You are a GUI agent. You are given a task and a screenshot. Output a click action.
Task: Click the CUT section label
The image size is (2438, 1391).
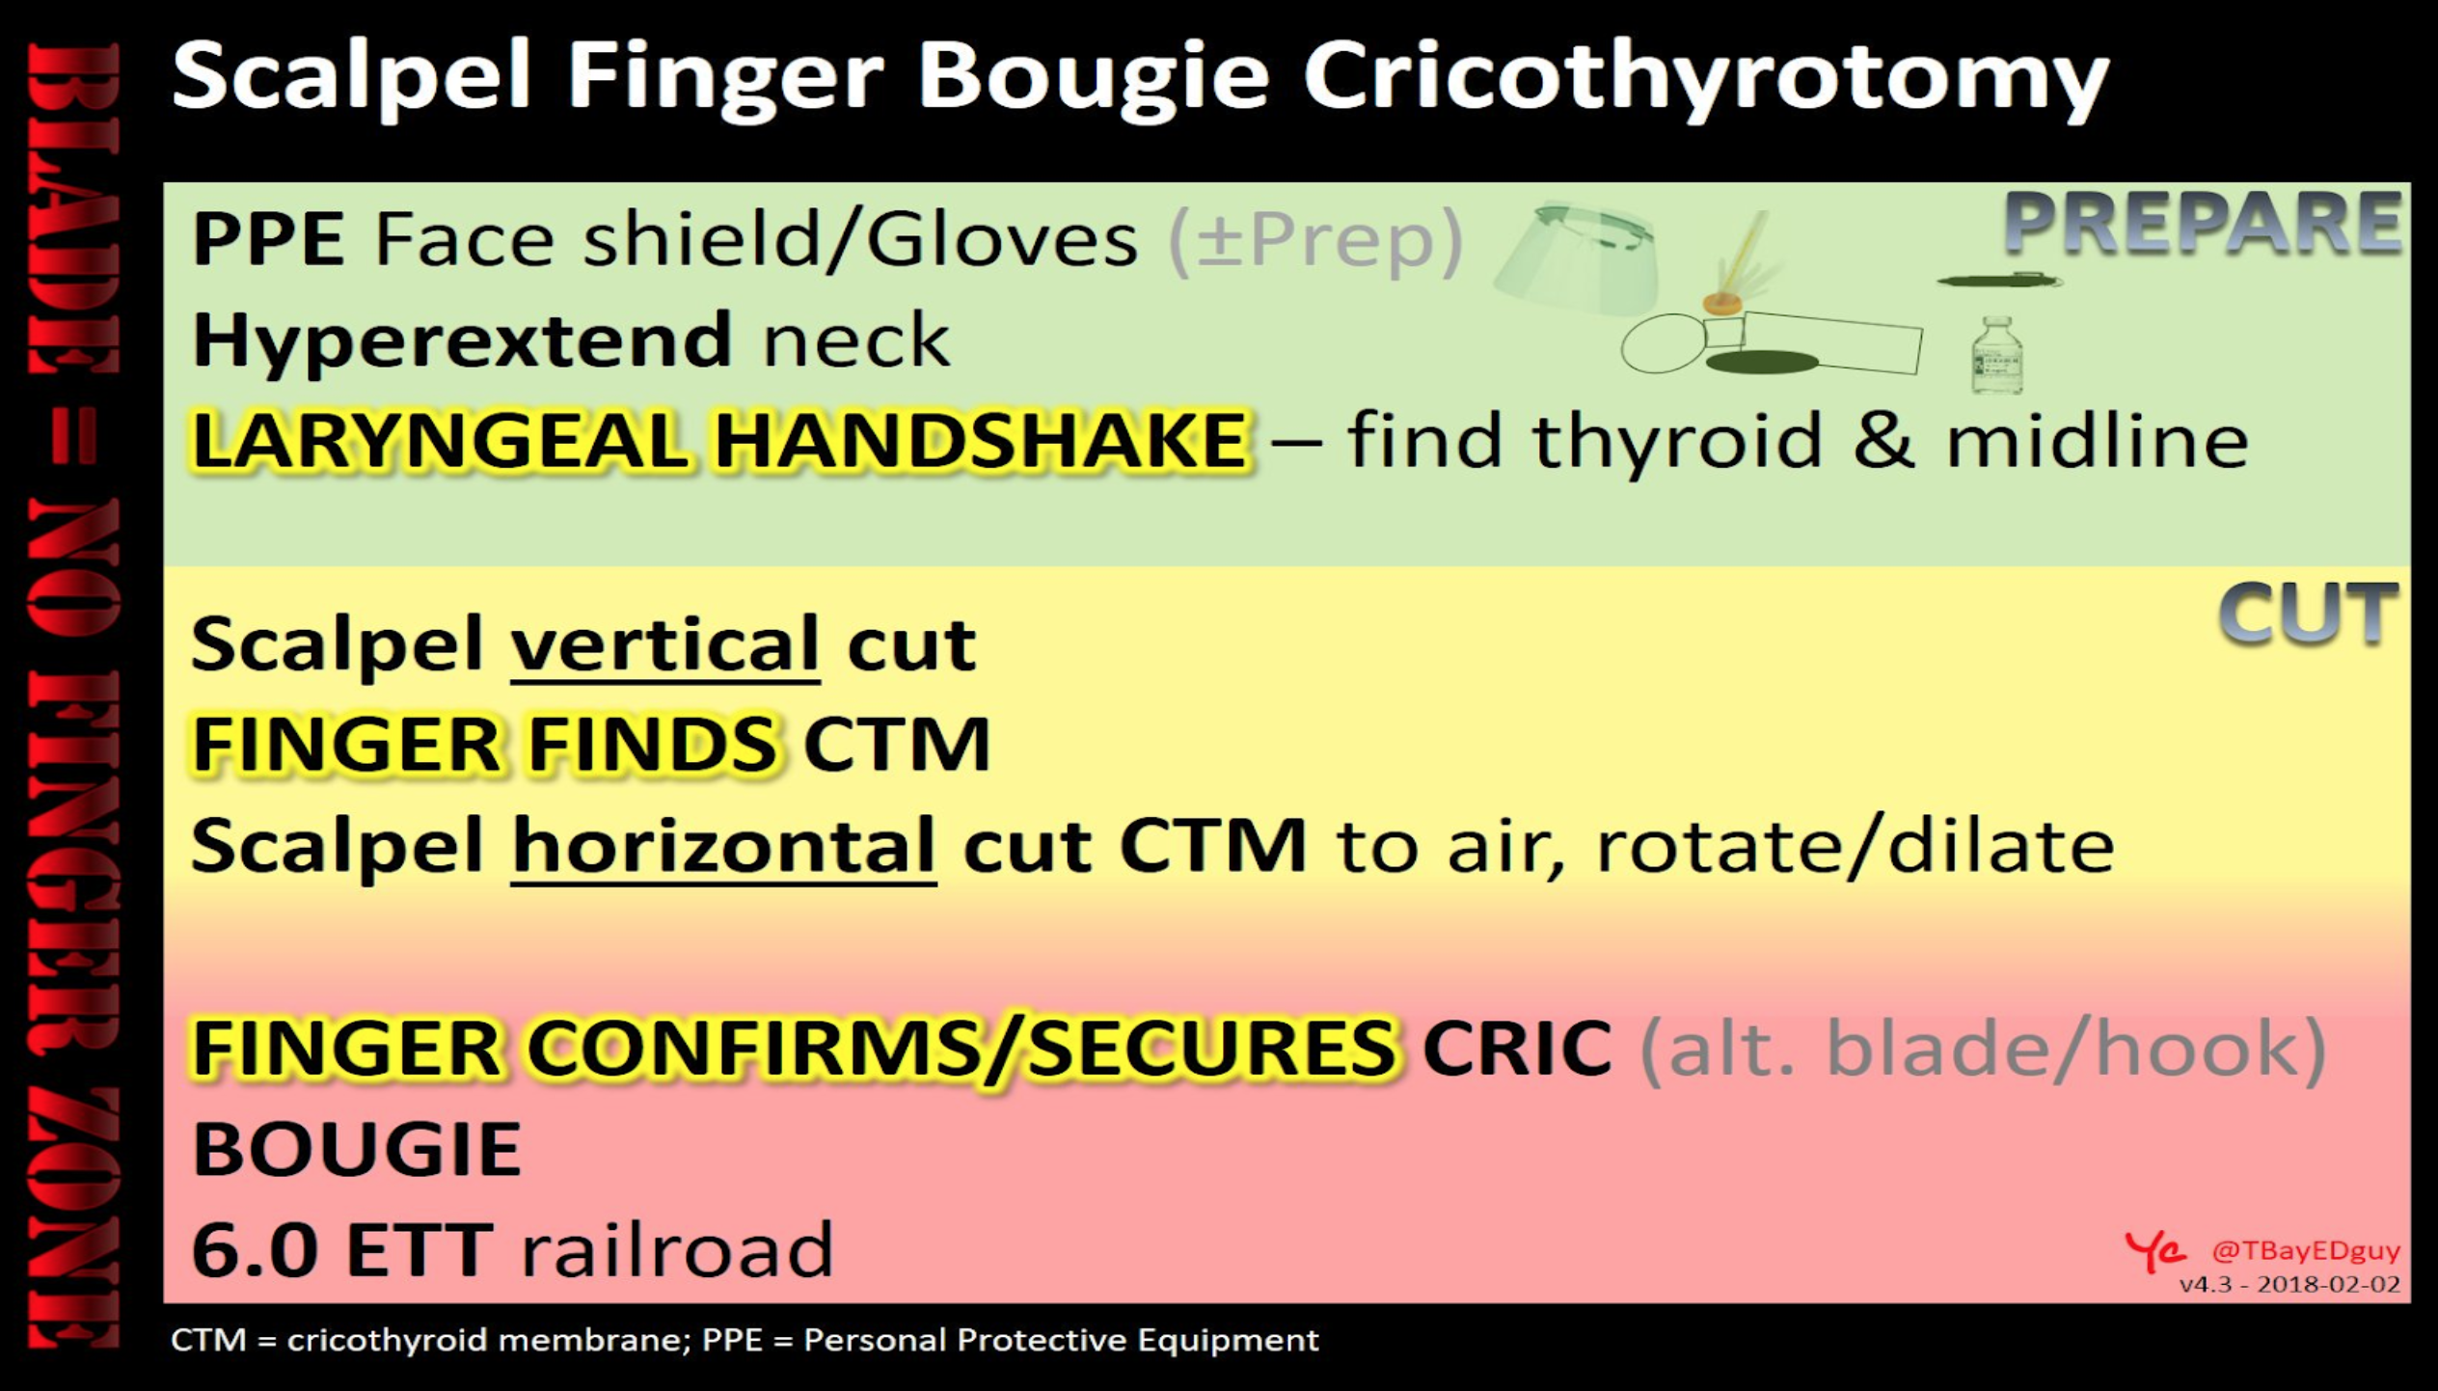pyautogui.click(x=2308, y=614)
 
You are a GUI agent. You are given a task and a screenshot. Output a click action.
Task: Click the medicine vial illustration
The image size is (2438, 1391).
pyautogui.click(x=1997, y=354)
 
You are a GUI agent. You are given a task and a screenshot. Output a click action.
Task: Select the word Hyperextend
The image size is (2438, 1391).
pyautogui.click(x=462, y=341)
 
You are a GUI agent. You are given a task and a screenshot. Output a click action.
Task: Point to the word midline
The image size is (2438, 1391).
pyautogui.click(x=2099, y=440)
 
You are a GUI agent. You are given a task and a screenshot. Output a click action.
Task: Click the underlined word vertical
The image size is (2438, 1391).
pyautogui.click(x=665, y=645)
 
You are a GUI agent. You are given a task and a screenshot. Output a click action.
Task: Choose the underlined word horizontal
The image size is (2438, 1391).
pyautogui.click(x=723, y=846)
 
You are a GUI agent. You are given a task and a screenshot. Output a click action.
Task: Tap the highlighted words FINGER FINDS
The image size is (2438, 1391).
pyautogui.click(x=484, y=744)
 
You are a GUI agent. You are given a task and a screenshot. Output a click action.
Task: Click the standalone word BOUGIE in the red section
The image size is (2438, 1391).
pyautogui.click(x=357, y=1149)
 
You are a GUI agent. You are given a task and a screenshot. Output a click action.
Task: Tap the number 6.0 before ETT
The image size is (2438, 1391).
pyautogui.click(x=255, y=1249)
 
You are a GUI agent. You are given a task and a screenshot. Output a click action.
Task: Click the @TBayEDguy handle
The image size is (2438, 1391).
pyautogui.click(x=2306, y=1251)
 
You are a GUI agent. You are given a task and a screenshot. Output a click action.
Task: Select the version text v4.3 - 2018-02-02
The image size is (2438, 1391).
pyautogui.click(x=2290, y=1285)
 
